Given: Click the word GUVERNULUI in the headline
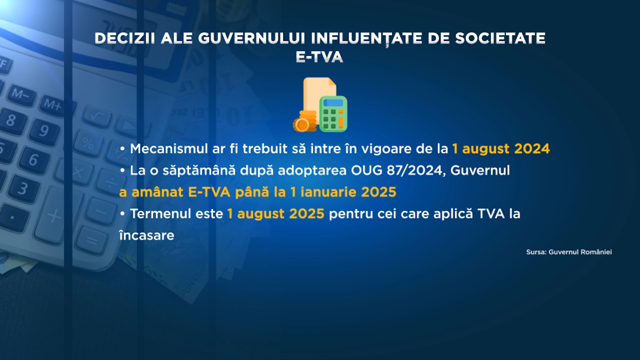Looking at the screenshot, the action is tap(252, 38).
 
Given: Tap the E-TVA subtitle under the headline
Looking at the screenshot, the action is tap(319, 57).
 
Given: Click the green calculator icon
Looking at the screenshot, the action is tap(334, 114).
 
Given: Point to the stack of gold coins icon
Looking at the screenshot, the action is tap(305, 121).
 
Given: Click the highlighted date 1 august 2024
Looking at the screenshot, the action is tap(501, 149).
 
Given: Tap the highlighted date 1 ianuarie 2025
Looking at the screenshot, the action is tap(343, 192).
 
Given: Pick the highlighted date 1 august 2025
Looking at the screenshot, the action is tap(276, 214).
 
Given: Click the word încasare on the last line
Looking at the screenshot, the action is tap(147, 235).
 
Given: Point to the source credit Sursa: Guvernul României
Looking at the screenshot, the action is tap(569, 252).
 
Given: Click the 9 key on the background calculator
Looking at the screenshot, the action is tap(44, 131).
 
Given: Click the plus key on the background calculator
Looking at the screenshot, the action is tap(53, 216).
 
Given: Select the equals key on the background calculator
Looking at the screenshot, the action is tap(91, 240).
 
